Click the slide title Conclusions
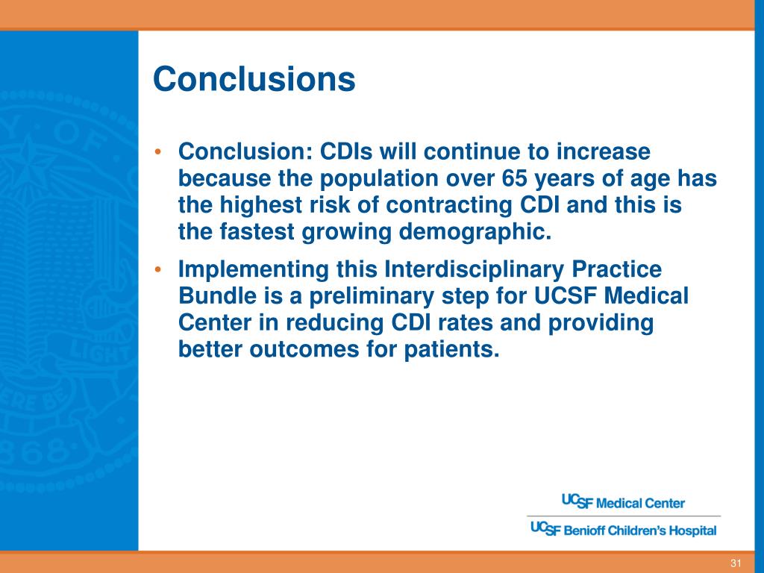coord(254,78)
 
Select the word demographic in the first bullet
coord(475,231)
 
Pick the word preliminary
coord(372,296)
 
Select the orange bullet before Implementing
coord(157,269)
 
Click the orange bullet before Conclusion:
coord(157,151)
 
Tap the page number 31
coord(736,563)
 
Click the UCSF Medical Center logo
coord(623,502)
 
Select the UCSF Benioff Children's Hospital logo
coord(624,529)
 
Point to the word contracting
coord(448,204)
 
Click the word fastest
coord(257,231)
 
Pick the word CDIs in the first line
coord(346,151)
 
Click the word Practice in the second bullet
coord(616,269)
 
